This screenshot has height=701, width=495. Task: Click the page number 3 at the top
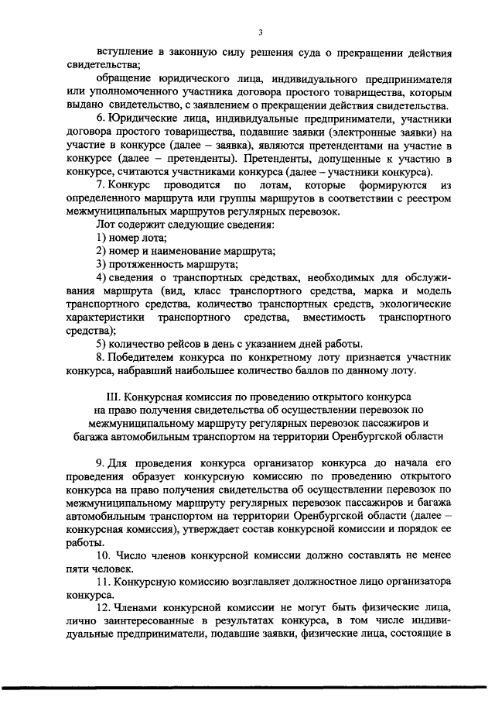click(x=261, y=31)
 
